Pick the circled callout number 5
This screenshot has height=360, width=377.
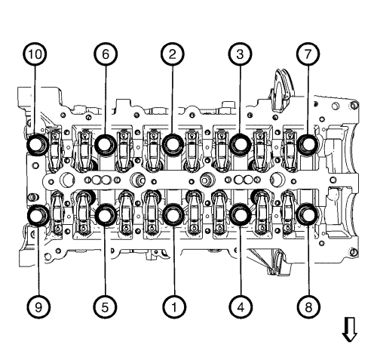[105, 306]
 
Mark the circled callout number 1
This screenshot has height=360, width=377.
[173, 306]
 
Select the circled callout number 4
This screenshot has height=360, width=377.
[240, 306]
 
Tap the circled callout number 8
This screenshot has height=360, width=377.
[308, 306]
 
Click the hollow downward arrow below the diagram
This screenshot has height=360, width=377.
[348, 329]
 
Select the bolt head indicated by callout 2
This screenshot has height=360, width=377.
[173, 143]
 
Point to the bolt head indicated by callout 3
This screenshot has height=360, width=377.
[240, 143]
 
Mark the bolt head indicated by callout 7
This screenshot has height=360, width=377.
[308, 143]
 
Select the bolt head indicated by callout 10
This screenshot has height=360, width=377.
[38, 143]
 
